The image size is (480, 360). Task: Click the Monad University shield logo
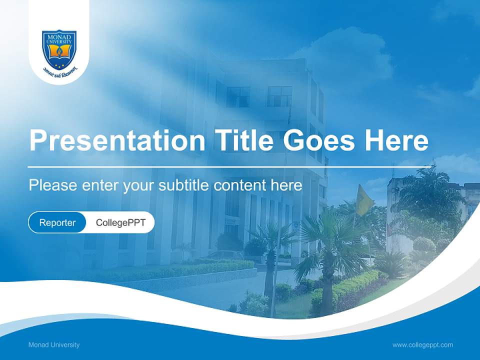pyautogui.click(x=59, y=48)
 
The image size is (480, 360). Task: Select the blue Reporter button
pyautogui.click(x=57, y=222)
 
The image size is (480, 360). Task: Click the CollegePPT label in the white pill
pyautogui.click(x=120, y=222)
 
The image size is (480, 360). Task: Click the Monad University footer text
pyautogui.click(x=54, y=345)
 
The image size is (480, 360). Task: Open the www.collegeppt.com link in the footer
pyautogui.click(x=422, y=345)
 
